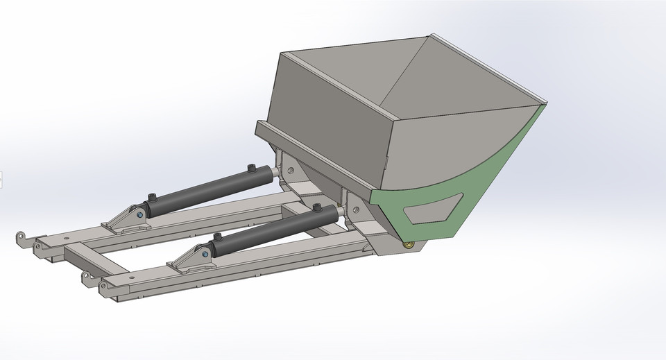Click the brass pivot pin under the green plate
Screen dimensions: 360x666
point(409,243)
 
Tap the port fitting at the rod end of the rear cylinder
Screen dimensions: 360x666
point(252,169)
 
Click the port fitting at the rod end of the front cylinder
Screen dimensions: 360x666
point(316,207)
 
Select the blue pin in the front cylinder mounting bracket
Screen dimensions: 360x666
point(205,255)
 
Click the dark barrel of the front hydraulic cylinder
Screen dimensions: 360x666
point(271,229)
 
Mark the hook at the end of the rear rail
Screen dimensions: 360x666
point(22,237)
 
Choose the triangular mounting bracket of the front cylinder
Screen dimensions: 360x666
point(189,257)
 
